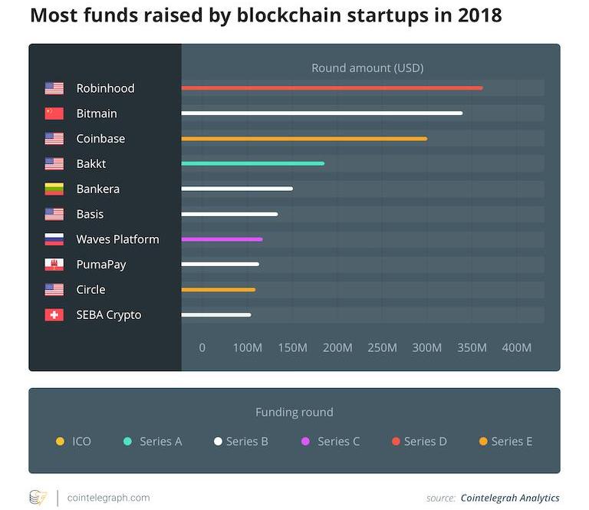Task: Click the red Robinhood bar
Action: tap(331, 88)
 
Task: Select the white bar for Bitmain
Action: tap(321, 114)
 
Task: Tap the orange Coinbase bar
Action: tap(304, 139)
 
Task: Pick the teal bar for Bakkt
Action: tap(252, 163)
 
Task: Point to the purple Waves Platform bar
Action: tap(222, 239)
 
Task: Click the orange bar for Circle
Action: tap(218, 290)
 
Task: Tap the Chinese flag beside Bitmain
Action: tap(54, 114)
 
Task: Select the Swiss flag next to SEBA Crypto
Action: tap(54, 315)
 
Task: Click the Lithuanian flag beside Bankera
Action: tap(54, 189)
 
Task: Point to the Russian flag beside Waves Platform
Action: tap(54, 239)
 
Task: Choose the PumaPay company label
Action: tap(100, 265)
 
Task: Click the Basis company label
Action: tap(90, 214)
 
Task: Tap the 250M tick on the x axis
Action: tap(382, 347)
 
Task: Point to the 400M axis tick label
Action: tap(516, 347)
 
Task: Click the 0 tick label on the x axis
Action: tap(202, 347)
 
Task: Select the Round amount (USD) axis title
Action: tap(367, 68)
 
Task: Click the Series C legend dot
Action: tap(305, 441)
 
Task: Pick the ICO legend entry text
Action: tap(81, 441)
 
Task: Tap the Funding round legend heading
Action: tap(294, 413)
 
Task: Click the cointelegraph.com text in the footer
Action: tap(109, 498)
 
